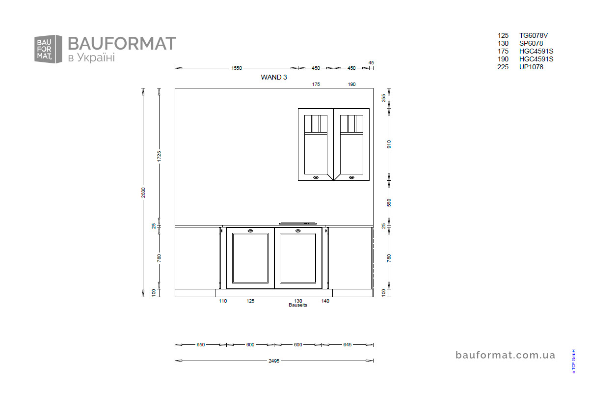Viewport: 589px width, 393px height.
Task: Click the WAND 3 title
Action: pos(274,77)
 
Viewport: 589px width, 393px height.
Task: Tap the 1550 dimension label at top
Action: pos(237,68)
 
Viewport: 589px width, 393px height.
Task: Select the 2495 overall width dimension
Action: pos(274,361)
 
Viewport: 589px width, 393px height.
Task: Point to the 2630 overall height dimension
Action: pos(143,193)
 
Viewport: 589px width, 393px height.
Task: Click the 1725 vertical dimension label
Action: pos(159,156)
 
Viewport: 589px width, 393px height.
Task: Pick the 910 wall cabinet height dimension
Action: pos(389,144)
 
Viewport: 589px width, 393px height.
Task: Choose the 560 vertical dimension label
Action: pos(389,203)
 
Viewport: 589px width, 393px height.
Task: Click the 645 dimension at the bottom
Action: pos(347,344)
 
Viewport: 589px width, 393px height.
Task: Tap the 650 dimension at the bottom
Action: pos(200,344)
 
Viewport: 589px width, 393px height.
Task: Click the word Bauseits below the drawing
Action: pos(297,305)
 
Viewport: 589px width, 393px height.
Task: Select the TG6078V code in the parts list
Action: pos(533,35)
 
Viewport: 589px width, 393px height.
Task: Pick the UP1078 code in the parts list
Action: pos(531,67)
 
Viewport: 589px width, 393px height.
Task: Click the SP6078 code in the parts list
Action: pos(531,43)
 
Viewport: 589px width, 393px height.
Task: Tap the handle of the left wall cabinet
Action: pos(316,177)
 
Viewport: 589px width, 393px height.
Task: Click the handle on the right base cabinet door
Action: pos(298,231)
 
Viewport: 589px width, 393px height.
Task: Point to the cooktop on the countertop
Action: pos(297,224)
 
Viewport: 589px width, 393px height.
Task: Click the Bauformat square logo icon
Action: pos(48,49)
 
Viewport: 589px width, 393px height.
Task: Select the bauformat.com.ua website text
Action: pos(505,355)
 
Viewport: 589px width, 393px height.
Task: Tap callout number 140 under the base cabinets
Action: pos(325,301)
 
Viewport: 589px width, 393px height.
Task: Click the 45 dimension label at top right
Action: pos(371,63)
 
